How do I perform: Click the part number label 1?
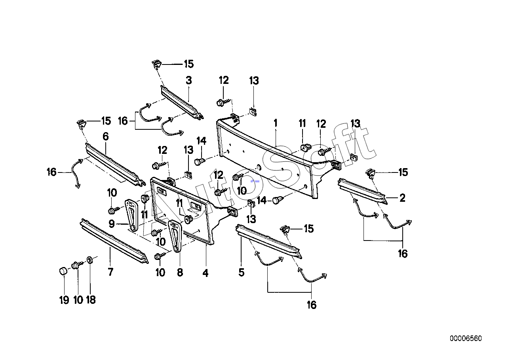(x=276, y=123)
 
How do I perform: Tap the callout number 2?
(x=402, y=198)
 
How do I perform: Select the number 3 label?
(x=189, y=80)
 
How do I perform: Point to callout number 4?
(x=206, y=273)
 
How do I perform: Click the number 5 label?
(x=242, y=272)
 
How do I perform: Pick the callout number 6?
(x=106, y=136)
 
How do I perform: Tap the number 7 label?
(x=110, y=272)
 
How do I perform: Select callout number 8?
(x=180, y=272)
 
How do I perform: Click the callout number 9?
(x=112, y=224)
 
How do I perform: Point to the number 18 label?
(x=91, y=300)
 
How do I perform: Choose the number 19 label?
(x=64, y=300)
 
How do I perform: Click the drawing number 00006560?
(x=466, y=338)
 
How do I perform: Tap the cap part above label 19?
(x=63, y=271)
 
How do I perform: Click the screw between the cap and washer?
(x=76, y=265)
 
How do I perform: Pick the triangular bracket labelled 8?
(x=175, y=236)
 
